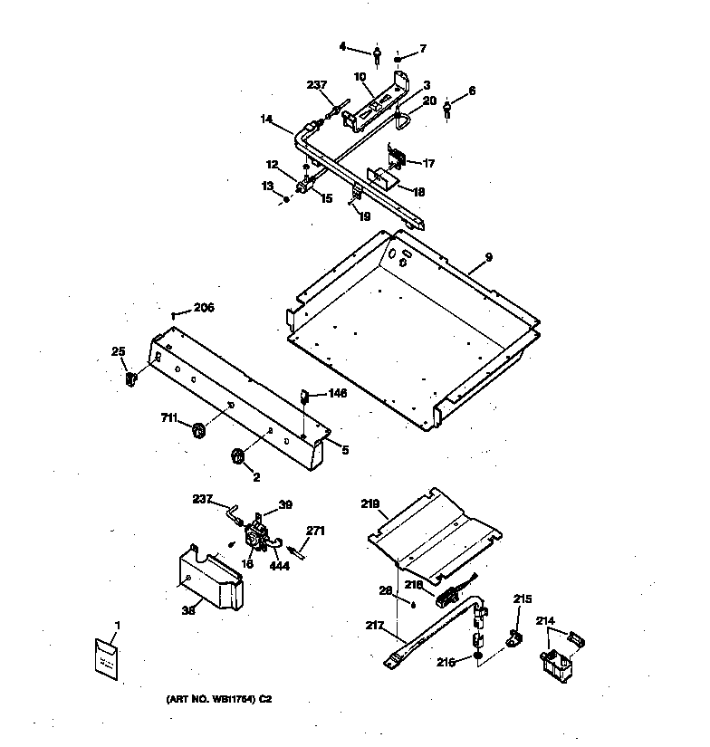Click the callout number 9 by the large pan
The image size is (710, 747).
(488, 258)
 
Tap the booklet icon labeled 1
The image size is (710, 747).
(107, 658)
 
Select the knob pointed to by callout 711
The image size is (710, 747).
(197, 428)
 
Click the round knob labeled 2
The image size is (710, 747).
(239, 458)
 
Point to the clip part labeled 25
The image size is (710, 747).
(130, 376)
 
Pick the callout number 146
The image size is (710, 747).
(337, 393)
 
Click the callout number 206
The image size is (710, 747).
(204, 308)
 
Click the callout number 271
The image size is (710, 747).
(315, 531)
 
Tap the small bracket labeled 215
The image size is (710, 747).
(512, 640)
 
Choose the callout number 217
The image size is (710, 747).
(375, 625)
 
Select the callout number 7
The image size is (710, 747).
(422, 48)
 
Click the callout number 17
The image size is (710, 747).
(427, 164)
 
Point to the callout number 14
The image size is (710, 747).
(266, 119)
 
